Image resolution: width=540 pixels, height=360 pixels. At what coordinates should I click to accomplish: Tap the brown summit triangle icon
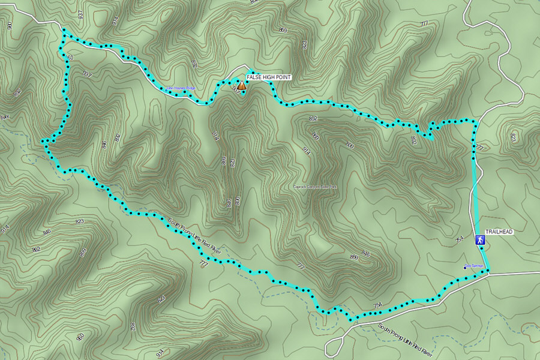[241, 86]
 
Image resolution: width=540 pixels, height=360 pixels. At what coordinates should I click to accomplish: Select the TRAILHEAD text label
[499, 232]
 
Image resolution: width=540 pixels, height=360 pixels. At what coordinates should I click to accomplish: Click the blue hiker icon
[480, 240]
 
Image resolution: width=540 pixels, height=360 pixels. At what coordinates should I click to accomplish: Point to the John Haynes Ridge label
[181, 88]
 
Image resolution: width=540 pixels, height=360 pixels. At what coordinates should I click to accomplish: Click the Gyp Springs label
[475, 266]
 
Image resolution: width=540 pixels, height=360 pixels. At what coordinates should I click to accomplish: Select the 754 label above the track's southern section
[377, 305]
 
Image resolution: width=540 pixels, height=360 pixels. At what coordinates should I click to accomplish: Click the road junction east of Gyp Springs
[488, 272]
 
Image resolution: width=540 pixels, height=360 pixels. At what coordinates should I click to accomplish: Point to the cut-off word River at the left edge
[5, 117]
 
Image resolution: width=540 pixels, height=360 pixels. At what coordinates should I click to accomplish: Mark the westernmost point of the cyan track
[43, 142]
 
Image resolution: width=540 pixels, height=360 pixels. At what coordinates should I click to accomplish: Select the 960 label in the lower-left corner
[80, 338]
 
